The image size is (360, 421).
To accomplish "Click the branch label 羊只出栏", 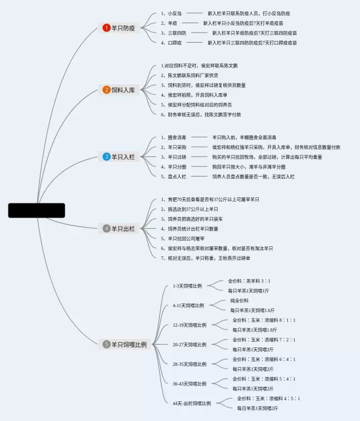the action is (x=123, y=229).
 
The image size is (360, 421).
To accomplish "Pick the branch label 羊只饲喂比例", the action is (x=128, y=345).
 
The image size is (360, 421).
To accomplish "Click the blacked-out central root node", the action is (x=37, y=210).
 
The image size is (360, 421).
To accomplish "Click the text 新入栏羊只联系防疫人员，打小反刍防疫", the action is (x=249, y=13).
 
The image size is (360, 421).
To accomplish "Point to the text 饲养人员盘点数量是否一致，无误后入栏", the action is (x=253, y=176).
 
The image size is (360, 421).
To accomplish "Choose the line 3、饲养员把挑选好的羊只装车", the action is (x=191, y=219).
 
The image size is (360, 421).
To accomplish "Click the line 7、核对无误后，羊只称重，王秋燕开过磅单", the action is (x=205, y=258).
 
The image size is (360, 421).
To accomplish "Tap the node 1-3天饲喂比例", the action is (x=187, y=286).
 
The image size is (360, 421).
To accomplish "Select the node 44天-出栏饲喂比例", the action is (x=192, y=403).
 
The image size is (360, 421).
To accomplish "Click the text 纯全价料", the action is (x=239, y=301).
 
